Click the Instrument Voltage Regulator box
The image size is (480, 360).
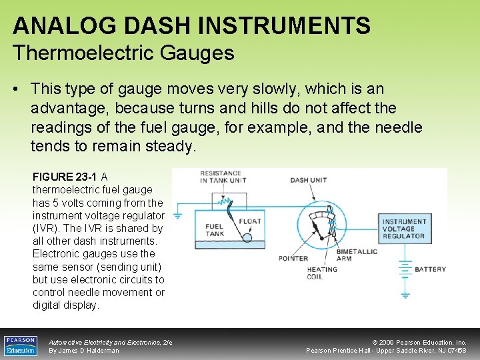click(x=403, y=228)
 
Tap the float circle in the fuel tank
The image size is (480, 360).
click(x=246, y=237)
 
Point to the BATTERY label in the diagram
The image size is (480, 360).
click(x=430, y=269)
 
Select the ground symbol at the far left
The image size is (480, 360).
click(x=178, y=215)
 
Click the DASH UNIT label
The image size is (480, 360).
click(x=308, y=180)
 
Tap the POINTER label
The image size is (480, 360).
click(x=293, y=258)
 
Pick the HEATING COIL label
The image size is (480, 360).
click(x=322, y=273)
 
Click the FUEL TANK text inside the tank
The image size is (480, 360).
click(x=214, y=231)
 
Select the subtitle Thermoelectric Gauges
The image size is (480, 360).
click(x=123, y=53)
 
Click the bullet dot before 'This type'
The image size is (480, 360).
click(x=18, y=89)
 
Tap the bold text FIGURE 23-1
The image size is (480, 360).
click(x=65, y=177)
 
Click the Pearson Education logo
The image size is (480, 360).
click(x=21, y=345)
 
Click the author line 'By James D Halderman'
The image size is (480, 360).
click(x=84, y=351)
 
